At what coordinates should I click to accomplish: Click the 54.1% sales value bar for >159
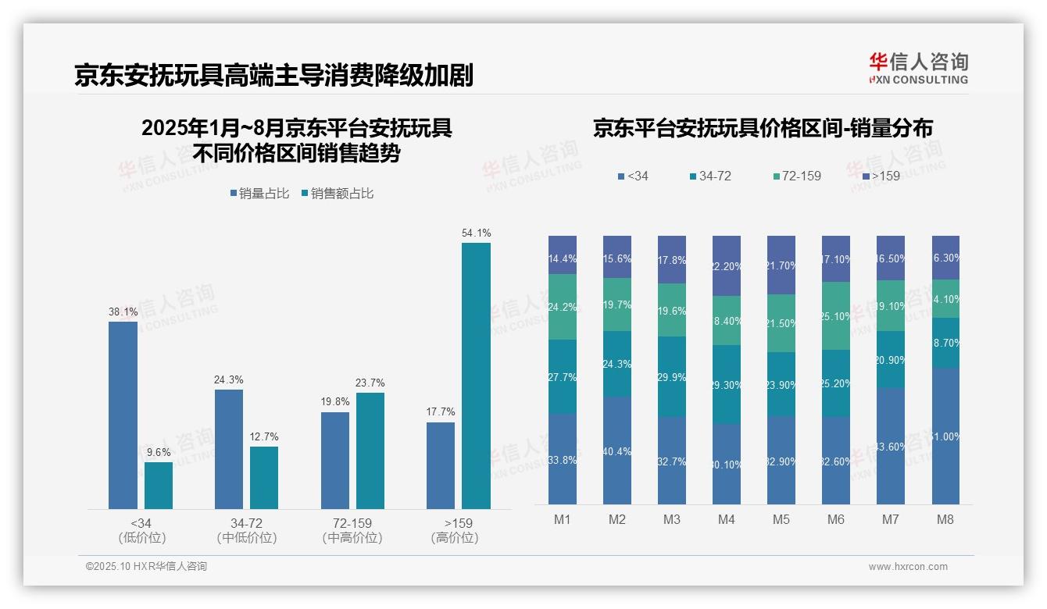476,376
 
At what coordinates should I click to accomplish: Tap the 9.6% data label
158,451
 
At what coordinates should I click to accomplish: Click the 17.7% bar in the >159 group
441,465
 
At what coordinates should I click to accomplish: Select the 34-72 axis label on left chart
246,523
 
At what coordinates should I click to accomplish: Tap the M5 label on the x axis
781,519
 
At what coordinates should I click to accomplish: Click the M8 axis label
945,519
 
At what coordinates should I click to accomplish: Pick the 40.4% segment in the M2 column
617,450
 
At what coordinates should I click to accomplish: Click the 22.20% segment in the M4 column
727,265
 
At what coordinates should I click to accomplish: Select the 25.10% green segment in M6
836,315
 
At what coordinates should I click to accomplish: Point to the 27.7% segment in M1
563,376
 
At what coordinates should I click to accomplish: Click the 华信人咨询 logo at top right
918,68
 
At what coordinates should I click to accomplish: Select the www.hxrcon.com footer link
908,567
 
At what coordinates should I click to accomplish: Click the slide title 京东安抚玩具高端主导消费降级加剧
273,76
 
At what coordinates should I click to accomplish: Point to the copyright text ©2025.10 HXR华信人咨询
146,567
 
